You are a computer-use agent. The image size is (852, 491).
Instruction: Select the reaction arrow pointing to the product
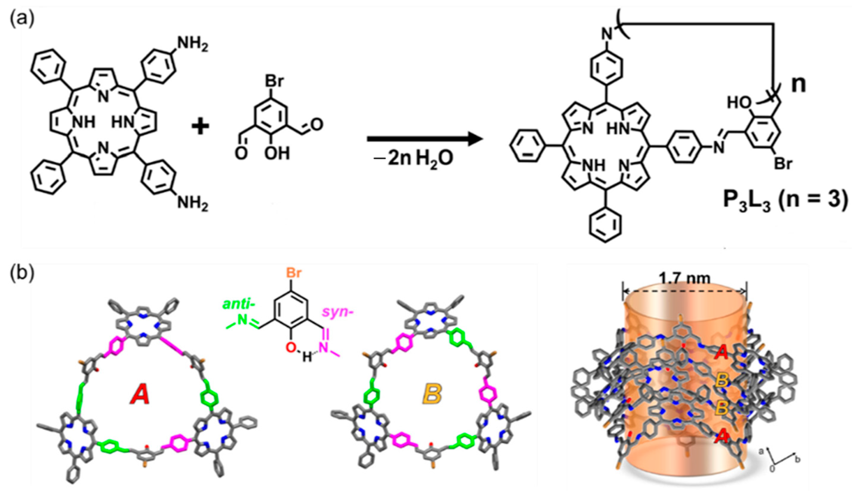(x=425, y=139)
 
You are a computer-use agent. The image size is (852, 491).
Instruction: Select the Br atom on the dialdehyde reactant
(x=274, y=81)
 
